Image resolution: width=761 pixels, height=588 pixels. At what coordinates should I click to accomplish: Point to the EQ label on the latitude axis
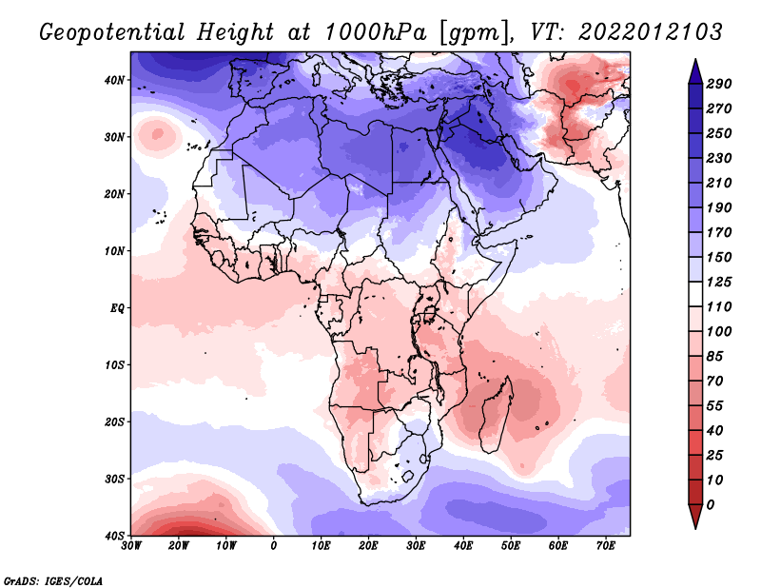coord(117,307)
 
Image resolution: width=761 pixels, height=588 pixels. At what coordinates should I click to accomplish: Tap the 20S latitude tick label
coord(115,421)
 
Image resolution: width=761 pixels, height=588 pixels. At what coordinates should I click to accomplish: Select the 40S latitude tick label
coord(115,535)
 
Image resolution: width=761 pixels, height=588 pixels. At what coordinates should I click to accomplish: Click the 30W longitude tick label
coord(132,545)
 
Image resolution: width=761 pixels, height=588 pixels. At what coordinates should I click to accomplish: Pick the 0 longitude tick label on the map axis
coord(274,545)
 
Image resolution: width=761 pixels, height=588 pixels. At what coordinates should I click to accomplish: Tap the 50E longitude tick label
coord(511,545)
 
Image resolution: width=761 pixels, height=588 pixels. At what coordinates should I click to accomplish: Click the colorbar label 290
coord(719,84)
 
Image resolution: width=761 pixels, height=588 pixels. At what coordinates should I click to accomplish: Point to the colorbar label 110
coord(719,308)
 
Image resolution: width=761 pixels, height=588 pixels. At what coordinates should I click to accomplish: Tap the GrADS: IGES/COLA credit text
coord(53,579)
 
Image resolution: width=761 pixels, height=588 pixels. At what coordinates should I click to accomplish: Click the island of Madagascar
coord(498,414)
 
